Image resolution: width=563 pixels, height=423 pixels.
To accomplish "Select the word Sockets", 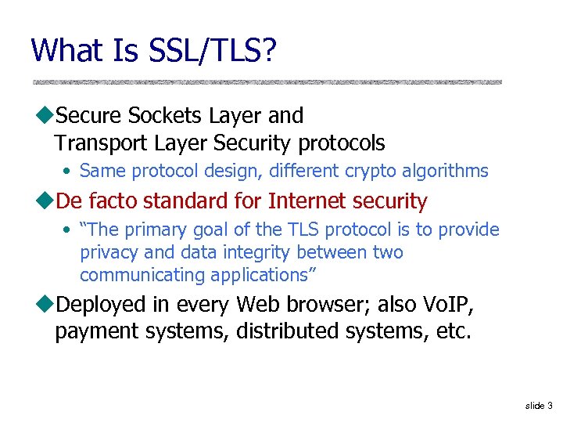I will tap(165, 116).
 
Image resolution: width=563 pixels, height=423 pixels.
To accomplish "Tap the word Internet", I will tap(306, 201).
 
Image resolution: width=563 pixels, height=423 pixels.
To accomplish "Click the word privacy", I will tap(107, 253).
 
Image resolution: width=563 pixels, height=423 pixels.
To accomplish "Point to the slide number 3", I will tap(550, 406).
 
